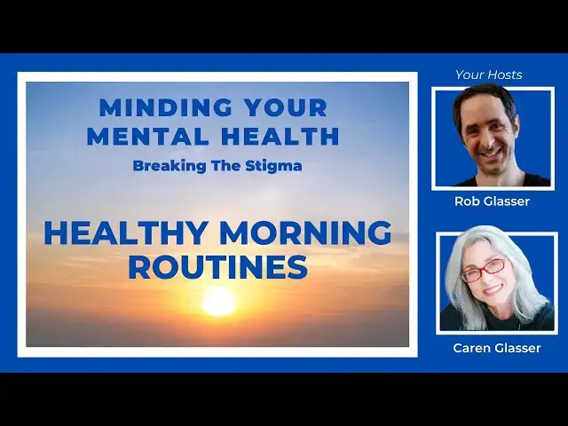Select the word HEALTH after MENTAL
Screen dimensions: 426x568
pyautogui.click(x=284, y=136)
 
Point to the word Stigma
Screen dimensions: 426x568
pyautogui.click(x=272, y=165)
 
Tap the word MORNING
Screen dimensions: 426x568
pyautogui.click(x=305, y=233)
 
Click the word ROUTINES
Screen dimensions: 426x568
pyautogui.click(x=217, y=265)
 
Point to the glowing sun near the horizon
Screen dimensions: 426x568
pyautogui.click(x=218, y=303)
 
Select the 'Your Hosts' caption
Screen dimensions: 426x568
pyautogui.click(x=489, y=75)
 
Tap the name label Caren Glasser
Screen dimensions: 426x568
pyautogui.click(x=497, y=348)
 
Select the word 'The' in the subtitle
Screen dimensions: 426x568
pyautogui.click(x=227, y=165)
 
